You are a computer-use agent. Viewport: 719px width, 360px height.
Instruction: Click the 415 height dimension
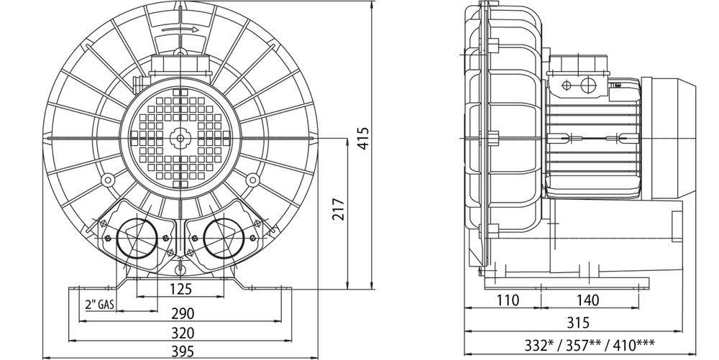tap(363, 139)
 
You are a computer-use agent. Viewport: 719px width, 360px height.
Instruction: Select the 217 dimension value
tap(339, 209)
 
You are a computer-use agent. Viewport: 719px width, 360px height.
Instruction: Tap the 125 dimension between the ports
tap(180, 290)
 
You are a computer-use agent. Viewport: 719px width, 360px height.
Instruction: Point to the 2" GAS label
tap(99, 304)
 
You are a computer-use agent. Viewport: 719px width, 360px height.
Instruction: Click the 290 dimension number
tap(183, 314)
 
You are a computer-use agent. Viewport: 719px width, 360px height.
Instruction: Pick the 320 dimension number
tap(183, 333)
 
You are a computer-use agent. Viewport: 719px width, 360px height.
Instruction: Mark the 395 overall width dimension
tap(183, 352)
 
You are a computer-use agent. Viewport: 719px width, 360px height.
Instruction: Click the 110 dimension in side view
tap(508, 300)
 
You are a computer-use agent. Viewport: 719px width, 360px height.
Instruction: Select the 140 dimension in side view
tap(587, 300)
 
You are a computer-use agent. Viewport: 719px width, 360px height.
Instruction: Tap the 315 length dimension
tap(578, 323)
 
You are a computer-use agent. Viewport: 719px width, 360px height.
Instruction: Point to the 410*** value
tap(630, 345)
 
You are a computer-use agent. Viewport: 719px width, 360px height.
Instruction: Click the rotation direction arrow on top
tap(180, 29)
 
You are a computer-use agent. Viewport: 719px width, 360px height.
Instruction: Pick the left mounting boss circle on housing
tap(108, 180)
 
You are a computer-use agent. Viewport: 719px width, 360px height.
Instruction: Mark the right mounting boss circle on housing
tap(252, 180)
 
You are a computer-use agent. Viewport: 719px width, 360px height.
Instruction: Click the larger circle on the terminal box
tap(587, 85)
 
